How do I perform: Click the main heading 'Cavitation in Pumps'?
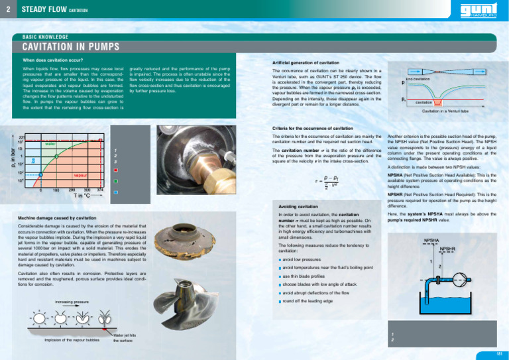66,48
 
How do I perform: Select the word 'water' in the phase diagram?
50,143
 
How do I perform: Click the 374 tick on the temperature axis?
100,190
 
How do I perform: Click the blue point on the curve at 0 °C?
40,175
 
